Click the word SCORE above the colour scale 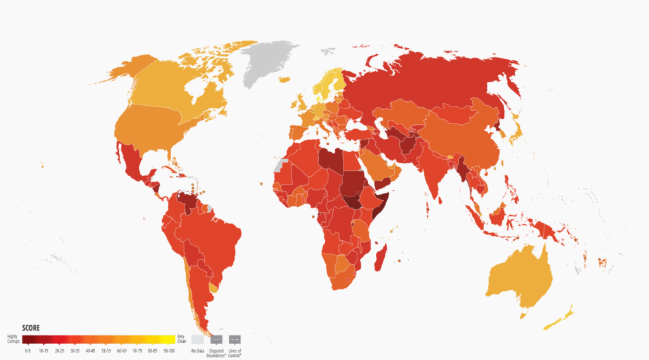coord(32,328)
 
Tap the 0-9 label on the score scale coord(28,350)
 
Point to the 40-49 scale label coord(90,350)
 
